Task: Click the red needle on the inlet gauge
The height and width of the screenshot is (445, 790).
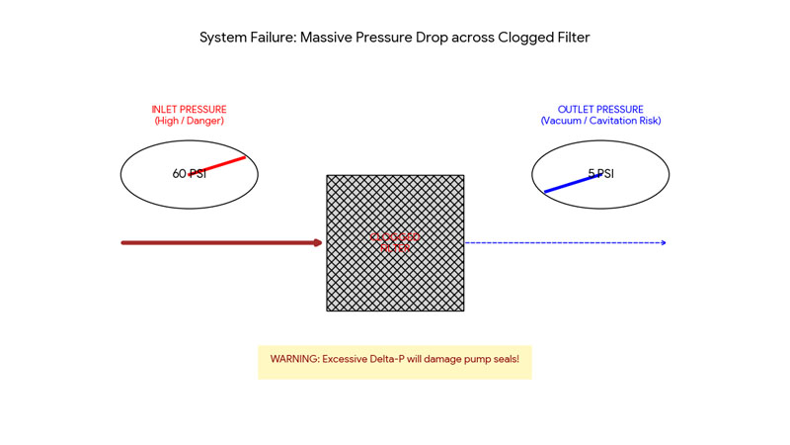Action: pyautogui.click(x=222, y=164)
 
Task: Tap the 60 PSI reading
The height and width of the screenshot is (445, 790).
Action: pyautogui.click(x=189, y=174)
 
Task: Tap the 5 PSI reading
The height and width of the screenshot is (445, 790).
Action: pyautogui.click(x=600, y=174)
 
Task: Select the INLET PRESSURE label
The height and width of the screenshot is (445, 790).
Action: pyautogui.click(x=189, y=110)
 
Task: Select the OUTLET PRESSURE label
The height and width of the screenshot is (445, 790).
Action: pyautogui.click(x=600, y=110)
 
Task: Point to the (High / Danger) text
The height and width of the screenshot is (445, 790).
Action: pyautogui.click(x=189, y=121)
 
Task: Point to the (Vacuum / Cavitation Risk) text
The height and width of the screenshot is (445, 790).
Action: pyautogui.click(x=600, y=121)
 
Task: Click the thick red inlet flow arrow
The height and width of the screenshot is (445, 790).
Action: pyautogui.click(x=217, y=242)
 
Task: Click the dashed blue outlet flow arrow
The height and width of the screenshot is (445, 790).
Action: pyautogui.click(x=563, y=242)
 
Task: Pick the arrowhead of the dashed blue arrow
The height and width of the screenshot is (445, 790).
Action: pyautogui.click(x=663, y=242)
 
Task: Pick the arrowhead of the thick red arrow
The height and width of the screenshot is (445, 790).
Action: pyautogui.click(x=318, y=242)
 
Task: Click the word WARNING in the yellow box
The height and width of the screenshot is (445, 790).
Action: pyautogui.click(x=293, y=359)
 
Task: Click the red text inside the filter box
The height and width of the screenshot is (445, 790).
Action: pyautogui.click(x=395, y=242)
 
